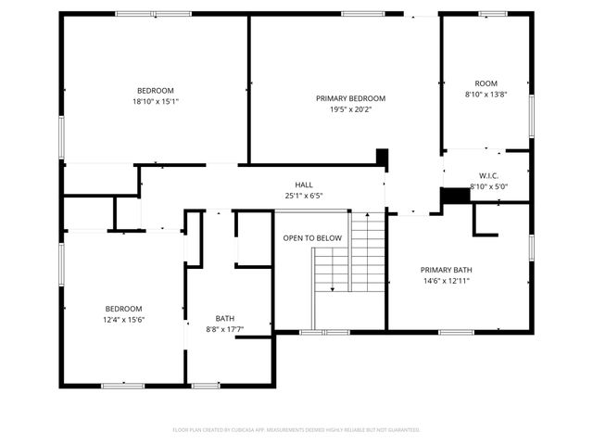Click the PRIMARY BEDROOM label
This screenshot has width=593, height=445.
click(350, 98)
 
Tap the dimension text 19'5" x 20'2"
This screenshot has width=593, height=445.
click(350, 109)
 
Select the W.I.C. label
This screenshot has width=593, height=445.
click(489, 175)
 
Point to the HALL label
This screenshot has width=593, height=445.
click(304, 184)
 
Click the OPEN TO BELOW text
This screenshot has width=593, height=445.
click(312, 238)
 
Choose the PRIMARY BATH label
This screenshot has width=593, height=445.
click(446, 270)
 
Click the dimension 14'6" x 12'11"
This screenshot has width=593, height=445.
click(446, 281)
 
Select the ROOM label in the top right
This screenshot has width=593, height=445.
click(486, 83)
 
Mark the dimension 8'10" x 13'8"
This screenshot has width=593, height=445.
click(486, 94)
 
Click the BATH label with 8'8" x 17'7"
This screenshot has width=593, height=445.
click(225, 317)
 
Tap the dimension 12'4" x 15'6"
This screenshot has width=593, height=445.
click(123, 319)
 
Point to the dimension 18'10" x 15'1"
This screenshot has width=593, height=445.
click(156, 101)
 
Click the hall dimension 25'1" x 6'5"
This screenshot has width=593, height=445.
click(304, 196)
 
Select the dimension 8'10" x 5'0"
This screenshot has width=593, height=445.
click(489, 186)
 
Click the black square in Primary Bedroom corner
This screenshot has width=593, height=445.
click(381, 157)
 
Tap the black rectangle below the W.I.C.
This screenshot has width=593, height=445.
click(454, 197)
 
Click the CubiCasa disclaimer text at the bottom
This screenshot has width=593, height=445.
click(296, 429)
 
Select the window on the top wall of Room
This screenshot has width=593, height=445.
click(492, 14)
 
